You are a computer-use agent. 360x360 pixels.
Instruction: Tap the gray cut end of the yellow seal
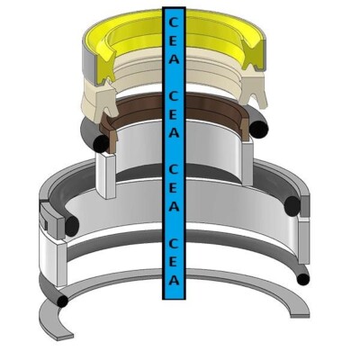[x=88, y=58]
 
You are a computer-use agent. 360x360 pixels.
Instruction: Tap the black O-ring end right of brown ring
[x=258, y=130]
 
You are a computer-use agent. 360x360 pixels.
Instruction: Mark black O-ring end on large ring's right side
[x=292, y=208]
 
